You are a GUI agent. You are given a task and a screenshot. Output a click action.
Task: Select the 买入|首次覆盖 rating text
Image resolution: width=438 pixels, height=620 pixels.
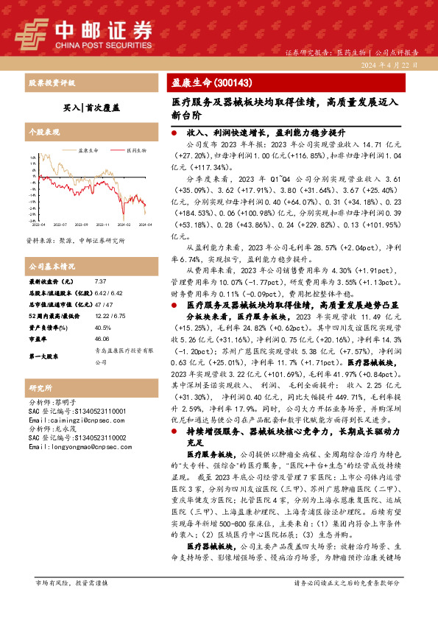(92, 107)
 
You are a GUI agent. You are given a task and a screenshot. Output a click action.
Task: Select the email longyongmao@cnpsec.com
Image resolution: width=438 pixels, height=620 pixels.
(77, 446)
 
